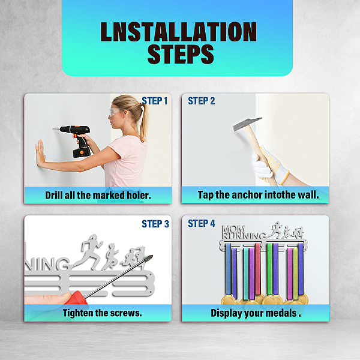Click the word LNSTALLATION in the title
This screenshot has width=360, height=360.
click(178, 32)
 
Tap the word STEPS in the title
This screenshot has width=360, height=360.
click(181, 54)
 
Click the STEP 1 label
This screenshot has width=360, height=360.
click(155, 101)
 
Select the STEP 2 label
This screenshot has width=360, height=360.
click(202, 101)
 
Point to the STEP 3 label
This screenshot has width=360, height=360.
click(155, 224)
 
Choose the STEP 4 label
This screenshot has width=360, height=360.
click(202, 223)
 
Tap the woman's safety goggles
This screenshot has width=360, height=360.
click(116, 112)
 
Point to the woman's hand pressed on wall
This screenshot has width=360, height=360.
click(40, 153)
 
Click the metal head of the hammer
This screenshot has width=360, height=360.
click(247, 124)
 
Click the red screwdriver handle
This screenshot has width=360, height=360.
click(78, 298)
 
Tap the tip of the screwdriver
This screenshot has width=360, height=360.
click(152, 256)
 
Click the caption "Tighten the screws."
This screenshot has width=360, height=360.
click(103, 313)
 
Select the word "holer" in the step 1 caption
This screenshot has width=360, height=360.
click(139, 196)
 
